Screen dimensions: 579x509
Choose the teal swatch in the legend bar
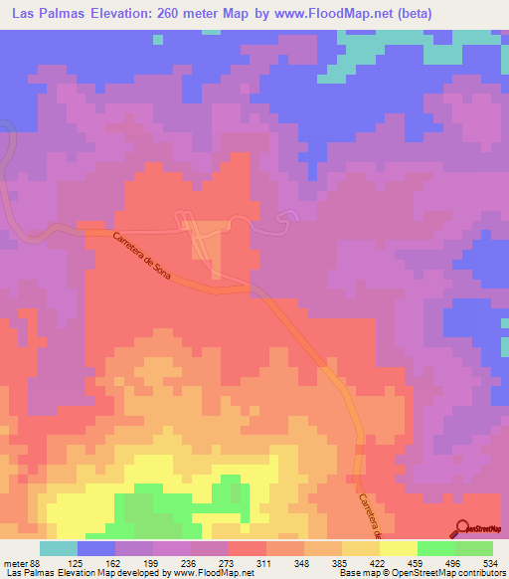click(58, 548)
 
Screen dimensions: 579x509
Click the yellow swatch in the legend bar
click(398, 548)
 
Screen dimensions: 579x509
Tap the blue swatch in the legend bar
click(95, 548)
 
